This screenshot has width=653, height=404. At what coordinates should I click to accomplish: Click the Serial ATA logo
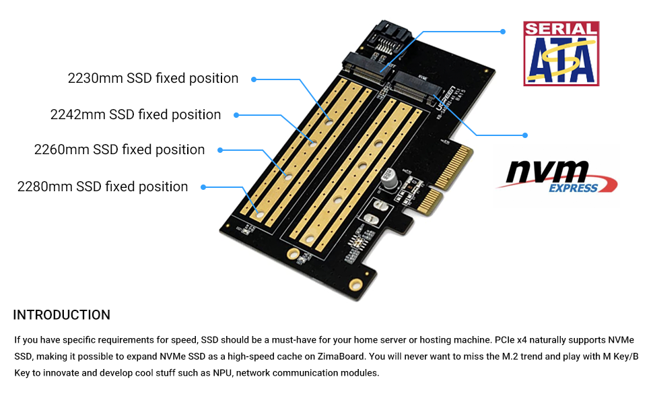pos(561,54)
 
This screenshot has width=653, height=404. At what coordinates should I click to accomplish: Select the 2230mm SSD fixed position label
pos(153,78)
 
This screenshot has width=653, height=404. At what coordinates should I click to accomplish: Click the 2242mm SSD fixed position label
pos(135,114)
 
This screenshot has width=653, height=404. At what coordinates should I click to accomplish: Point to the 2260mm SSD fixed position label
pos(119,149)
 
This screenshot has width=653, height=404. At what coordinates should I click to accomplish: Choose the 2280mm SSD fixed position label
pos(102,187)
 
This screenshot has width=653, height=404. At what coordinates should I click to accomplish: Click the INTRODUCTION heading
pos(62,315)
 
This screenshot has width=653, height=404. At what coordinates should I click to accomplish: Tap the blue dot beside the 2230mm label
pos(254,79)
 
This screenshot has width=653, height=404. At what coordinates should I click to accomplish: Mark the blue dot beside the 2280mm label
pos(203,187)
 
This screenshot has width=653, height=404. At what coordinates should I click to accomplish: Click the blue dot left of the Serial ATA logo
pos(503,32)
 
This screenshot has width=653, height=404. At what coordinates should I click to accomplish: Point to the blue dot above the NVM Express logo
pos(525,135)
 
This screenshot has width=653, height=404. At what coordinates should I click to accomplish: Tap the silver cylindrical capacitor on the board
pos(389,178)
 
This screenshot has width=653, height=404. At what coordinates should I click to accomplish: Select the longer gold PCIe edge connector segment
pos(453,166)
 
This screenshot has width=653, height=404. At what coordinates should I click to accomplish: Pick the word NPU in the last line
pos(222,373)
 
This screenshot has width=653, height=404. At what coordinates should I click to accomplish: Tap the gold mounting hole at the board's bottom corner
pos(356,285)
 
